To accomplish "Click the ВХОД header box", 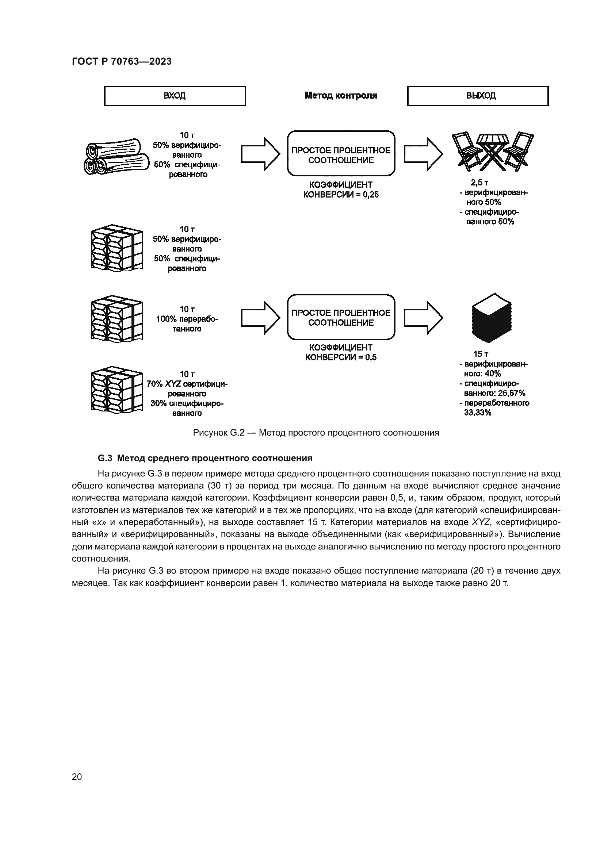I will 175,96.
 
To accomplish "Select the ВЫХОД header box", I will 478,96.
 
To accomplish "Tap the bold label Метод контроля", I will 341,96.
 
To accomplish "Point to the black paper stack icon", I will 492,318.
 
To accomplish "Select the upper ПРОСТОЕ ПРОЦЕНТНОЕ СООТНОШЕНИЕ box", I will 341,153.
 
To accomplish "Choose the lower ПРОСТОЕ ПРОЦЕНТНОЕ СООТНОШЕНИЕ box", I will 341,317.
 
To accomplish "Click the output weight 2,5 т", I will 479,183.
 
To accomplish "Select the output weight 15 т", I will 481,354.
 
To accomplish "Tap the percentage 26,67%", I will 511,393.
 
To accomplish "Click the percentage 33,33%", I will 478,413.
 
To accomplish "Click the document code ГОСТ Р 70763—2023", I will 122,61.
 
